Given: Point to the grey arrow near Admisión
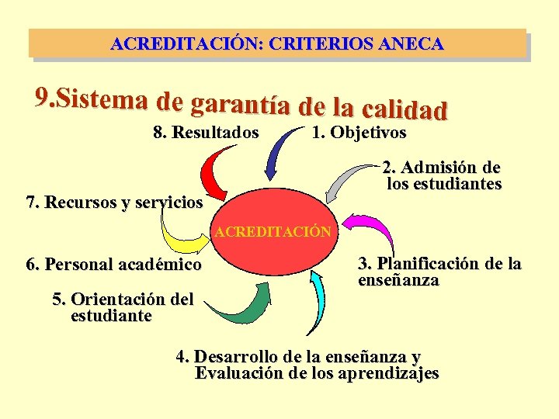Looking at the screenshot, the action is (x=342, y=182).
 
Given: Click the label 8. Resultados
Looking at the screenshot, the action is (x=207, y=133).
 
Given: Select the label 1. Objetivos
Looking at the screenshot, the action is (x=359, y=133).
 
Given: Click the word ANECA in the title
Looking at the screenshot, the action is (x=411, y=44).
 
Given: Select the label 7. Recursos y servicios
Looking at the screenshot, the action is (x=114, y=204).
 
